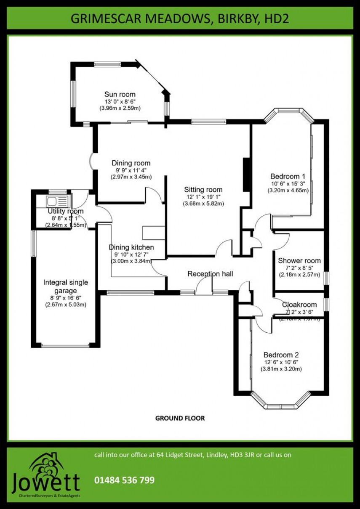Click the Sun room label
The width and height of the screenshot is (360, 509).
tap(120, 94)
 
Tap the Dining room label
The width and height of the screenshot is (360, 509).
tap(131, 163)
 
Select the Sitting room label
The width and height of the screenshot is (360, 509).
tap(203, 190)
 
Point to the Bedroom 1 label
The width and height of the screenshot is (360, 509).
tap(288, 176)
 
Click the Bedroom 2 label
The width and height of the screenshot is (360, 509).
tap(281, 355)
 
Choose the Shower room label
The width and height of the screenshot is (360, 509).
tap(299, 261)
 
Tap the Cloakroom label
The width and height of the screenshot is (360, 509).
tap(299, 305)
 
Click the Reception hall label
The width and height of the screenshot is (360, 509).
tap(210, 274)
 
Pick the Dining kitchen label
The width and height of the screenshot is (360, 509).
tap(131, 247)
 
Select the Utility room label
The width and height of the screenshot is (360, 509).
tap(66, 211)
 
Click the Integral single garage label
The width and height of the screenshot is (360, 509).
tap(66, 286)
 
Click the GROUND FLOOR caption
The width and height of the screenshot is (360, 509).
tap(180, 418)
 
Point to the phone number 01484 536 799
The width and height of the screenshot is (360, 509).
tap(124, 480)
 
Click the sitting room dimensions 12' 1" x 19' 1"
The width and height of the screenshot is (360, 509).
tap(203, 197)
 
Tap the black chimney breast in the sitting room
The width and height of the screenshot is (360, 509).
tap(246, 174)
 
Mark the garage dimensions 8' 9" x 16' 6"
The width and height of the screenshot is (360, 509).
tap(66, 298)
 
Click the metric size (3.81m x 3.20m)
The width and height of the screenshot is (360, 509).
tap(281, 369)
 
